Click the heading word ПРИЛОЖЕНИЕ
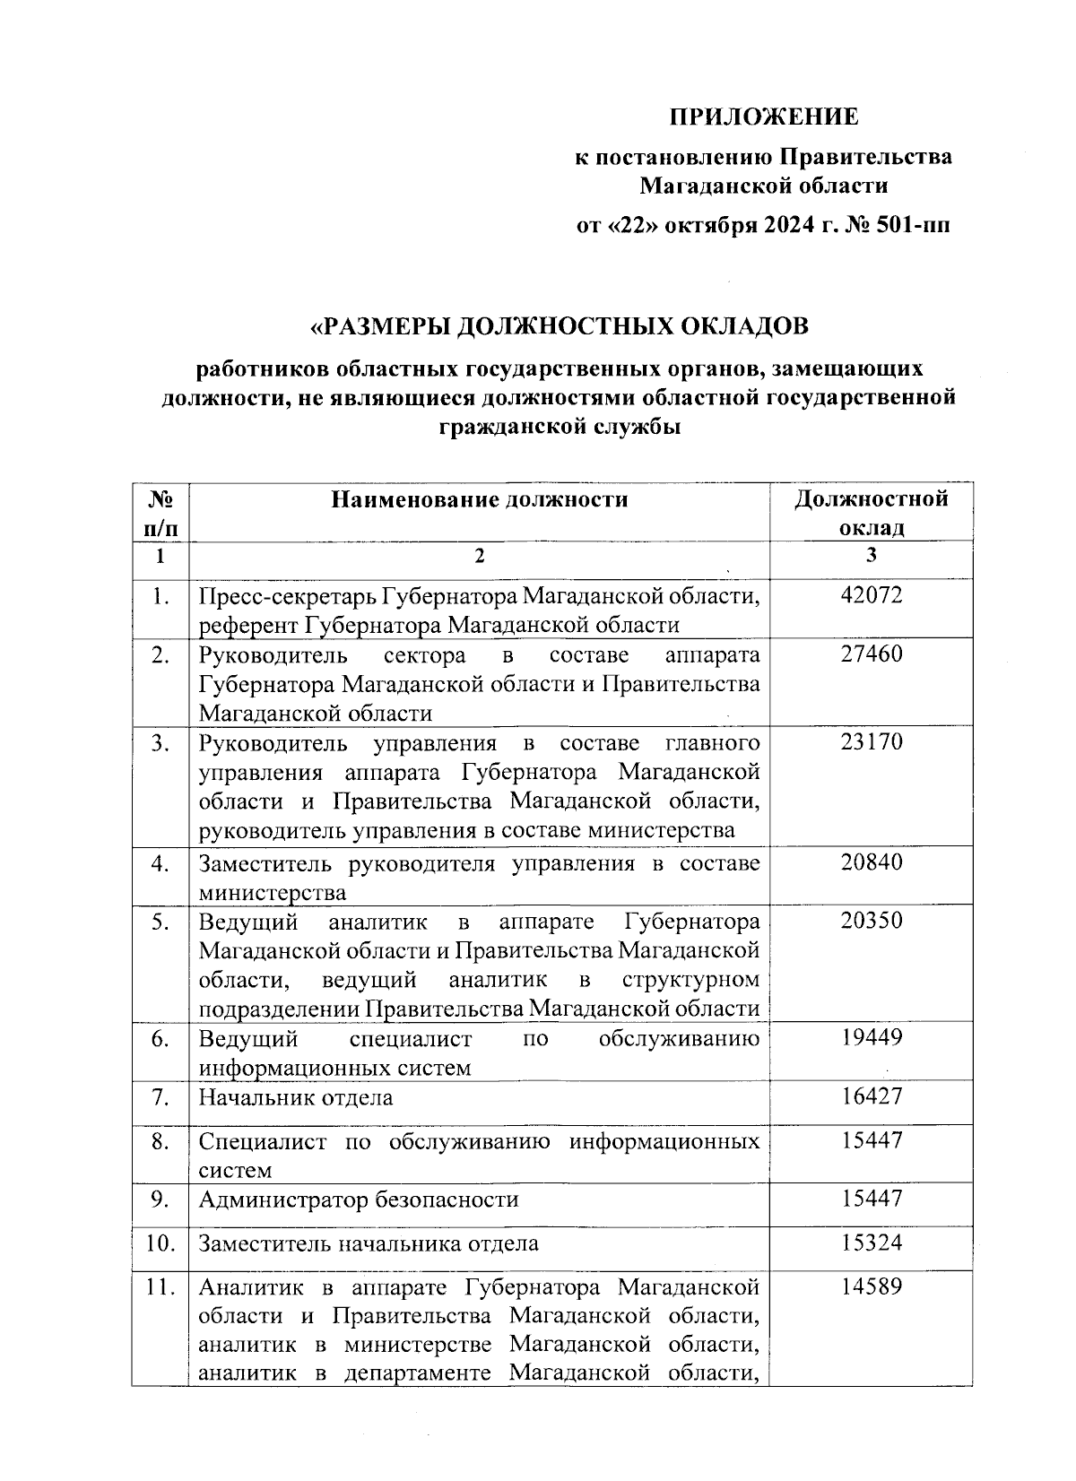pyautogui.click(x=764, y=117)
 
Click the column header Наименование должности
pyautogui.click(x=479, y=499)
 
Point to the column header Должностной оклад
pyautogui.click(x=872, y=512)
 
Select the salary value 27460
pyautogui.click(x=872, y=654)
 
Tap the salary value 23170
pyautogui.click(x=872, y=742)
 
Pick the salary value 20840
pyautogui.click(x=872, y=862)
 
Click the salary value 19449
pyautogui.click(x=872, y=1038)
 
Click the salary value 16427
pyautogui.click(x=872, y=1096)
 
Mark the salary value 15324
pyautogui.click(x=872, y=1243)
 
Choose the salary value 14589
pyautogui.click(x=872, y=1287)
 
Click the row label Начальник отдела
pyautogui.click(x=296, y=1097)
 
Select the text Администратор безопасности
pyautogui.click(x=358, y=1200)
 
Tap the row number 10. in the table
pyautogui.click(x=160, y=1243)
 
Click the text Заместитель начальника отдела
pyautogui.click(x=369, y=1243)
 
